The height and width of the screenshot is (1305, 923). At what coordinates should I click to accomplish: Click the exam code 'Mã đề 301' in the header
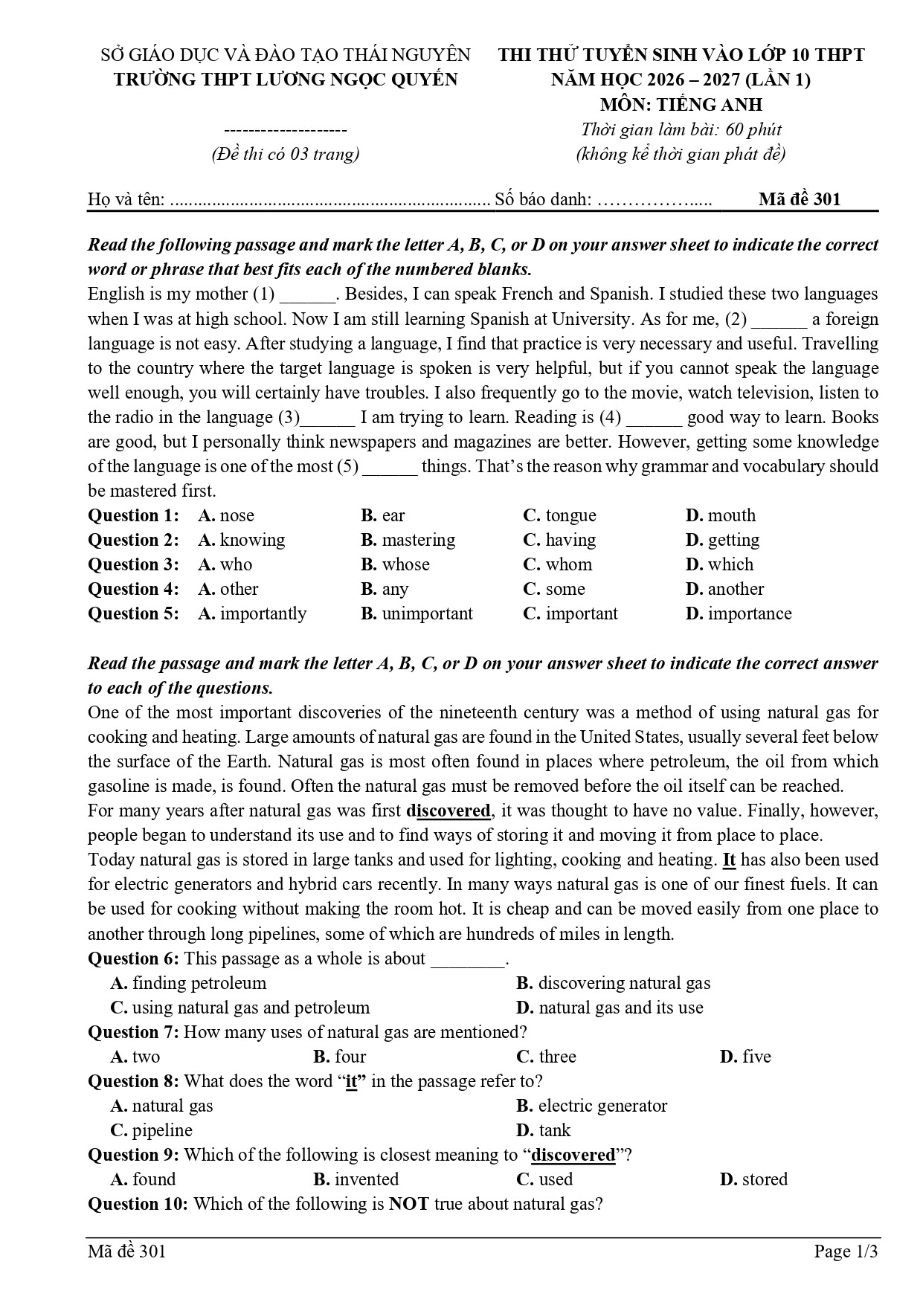click(x=799, y=199)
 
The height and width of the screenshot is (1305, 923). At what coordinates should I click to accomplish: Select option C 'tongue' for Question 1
click(x=559, y=515)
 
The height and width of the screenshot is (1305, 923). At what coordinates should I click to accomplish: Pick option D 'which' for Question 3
click(x=719, y=564)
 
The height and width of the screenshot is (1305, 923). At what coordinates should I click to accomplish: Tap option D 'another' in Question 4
click(x=724, y=589)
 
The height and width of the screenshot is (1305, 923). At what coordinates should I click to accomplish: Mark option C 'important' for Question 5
click(x=570, y=613)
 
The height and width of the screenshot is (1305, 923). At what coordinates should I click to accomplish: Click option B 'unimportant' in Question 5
click(x=417, y=613)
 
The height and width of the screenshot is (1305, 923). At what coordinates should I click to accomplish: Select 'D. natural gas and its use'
click(x=609, y=1008)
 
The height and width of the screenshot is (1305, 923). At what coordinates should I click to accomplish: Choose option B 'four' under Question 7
click(x=340, y=1057)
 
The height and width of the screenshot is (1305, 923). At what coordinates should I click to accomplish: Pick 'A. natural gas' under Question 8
click(x=161, y=1106)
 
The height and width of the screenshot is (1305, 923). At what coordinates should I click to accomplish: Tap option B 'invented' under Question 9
click(x=356, y=1179)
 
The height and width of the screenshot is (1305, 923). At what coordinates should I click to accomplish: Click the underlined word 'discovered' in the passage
click(x=448, y=811)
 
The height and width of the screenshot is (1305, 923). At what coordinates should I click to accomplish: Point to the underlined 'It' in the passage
click(x=729, y=860)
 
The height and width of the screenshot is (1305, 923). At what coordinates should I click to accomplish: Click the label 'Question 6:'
click(x=134, y=958)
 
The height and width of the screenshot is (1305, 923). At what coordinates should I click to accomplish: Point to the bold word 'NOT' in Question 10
click(x=409, y=1204)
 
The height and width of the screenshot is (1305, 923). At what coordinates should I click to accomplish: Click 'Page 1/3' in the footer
click(x=846, y=1251)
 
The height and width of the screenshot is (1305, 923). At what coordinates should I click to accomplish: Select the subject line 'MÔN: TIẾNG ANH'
click(x=681, y=105)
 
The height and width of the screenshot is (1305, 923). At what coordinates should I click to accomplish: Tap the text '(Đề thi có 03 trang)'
click(x=285, y=154)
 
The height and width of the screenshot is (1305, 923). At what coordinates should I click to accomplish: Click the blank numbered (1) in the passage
click(x=307, y=295)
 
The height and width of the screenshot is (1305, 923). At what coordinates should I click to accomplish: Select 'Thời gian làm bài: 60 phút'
click(x=681, y=129)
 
